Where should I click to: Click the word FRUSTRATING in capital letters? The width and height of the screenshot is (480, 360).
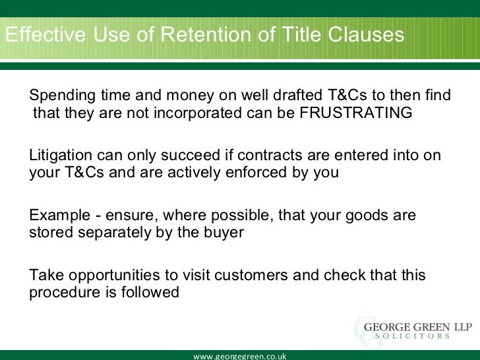355,113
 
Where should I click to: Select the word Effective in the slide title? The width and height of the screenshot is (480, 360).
42,35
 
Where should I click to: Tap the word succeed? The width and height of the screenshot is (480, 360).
187,156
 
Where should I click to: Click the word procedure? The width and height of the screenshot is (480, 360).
61,292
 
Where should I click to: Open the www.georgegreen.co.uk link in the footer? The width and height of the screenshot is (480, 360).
239,355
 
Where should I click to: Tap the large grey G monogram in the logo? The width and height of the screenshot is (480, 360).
363,328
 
